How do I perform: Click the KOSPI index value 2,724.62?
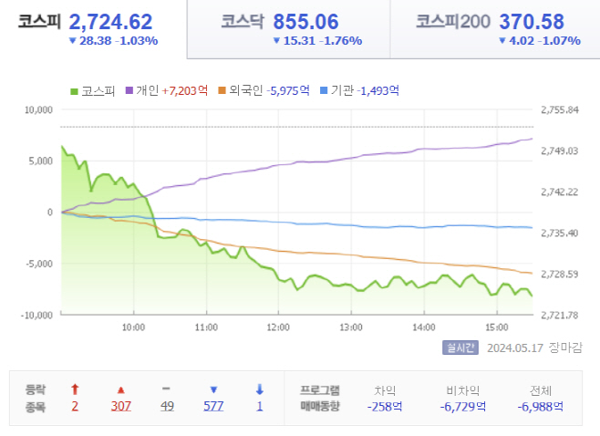tap(110, 22)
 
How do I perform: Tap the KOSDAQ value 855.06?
tap(305, 22)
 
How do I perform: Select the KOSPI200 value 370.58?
tap(532, 22)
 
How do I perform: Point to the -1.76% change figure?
tap(341, 40)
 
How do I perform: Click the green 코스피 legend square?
tap(74, 91)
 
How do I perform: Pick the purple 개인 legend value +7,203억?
tap(185, 90)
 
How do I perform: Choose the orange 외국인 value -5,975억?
tap(288, 90)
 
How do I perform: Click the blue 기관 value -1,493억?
tap(378, 90)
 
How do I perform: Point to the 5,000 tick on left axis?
tap(40, 161)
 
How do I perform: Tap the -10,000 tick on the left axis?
tap(36, 315)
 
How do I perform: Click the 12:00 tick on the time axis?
tap(278, 327)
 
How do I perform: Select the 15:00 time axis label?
tap(497, 327)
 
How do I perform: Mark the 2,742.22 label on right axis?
tap(560, 192)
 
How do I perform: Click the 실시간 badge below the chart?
tap(460, 348)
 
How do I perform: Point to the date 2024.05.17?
tap(515, 348)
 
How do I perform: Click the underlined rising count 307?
tap(121, 406)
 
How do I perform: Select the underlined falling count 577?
tap(213, 406)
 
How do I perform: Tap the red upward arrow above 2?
tap(75, 389)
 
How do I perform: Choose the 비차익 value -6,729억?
tap(463, 407)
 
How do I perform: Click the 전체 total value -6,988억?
tap(541, 407)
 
